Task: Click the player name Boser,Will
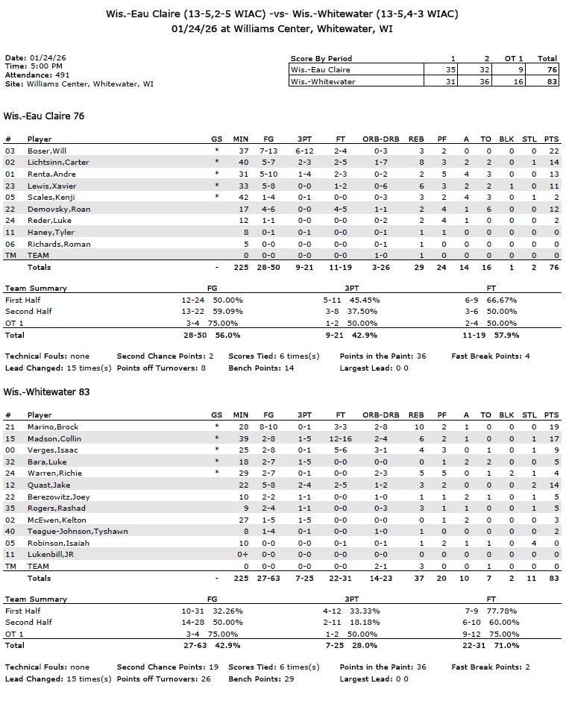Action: tap(47, 151)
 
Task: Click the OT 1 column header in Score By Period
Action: tap(509, 58)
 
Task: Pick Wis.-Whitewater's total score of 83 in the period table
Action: tap(547, 82)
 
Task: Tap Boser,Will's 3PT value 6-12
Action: tap(304, 151)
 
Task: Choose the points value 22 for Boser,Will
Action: tap(552, 151)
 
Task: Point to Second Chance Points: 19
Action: tap(167, 667)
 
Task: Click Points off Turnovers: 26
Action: tap(164, 679)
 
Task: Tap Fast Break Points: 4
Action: tap(490, 356)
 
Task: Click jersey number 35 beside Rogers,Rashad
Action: tap(10, 509)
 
